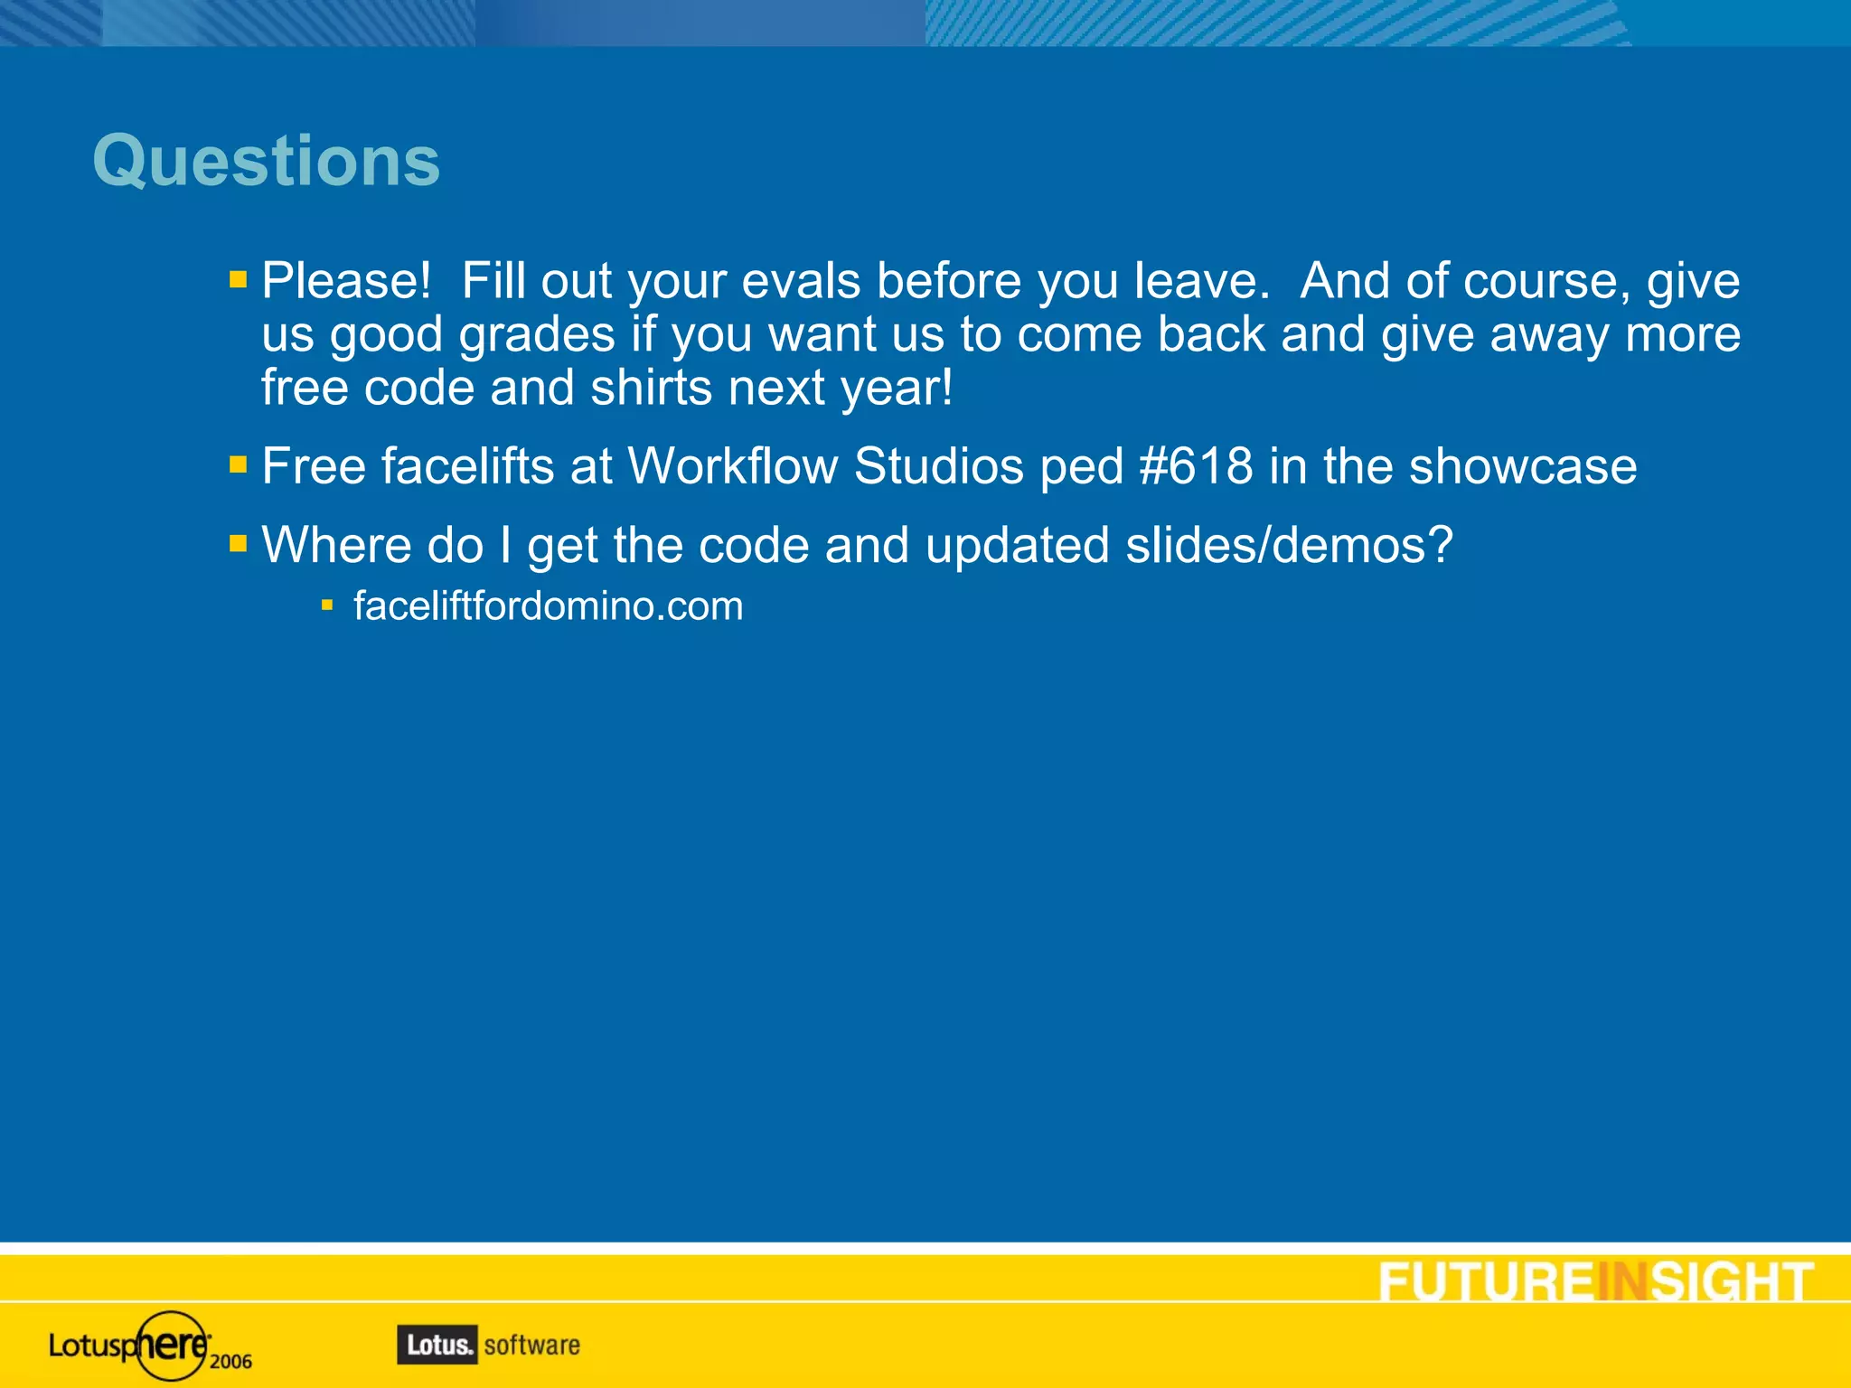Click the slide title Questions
(x=266, y=162)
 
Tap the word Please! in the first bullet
(x=346, y=281)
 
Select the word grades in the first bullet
(x=537, y=335)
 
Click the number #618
(x=1196, y=467)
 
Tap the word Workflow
(x=733, y=467)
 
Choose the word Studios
(x=938, y=467)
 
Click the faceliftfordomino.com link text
(x=548, y=606)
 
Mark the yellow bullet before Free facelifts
(x=239, y=465)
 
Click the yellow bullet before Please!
(x=239, y=279)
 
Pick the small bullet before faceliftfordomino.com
(x=327, y=605)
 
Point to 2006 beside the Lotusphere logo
(x=231, y=1362)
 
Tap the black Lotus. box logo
(x=437, y=1346)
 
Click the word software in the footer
(x=532, y=1346)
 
